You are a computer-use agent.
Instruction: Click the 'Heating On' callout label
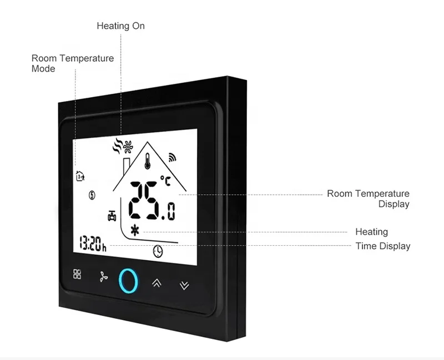pyautogui.click(x=120, y=26)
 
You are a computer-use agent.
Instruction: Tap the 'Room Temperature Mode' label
pyautogui.click(x=72, y=63)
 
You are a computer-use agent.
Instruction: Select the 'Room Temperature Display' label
pyautogui.click(x=368, y=199)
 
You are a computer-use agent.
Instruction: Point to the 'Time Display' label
pyautogui.click(x=382, y=246)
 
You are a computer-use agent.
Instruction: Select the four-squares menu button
pyautogui.click(x=77, y=274)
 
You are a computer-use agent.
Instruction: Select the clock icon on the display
pyautogui.click(x=158, y=251)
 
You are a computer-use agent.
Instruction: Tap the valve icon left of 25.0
pyautogui.click(x=112, y=215)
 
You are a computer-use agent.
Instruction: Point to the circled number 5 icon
pyautogui.click(x=92, y=195)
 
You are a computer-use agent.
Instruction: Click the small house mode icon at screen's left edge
pyautogui.click(x=79, y=176)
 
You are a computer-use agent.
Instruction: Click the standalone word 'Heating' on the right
pyautogui.click(x=371, y=232)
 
